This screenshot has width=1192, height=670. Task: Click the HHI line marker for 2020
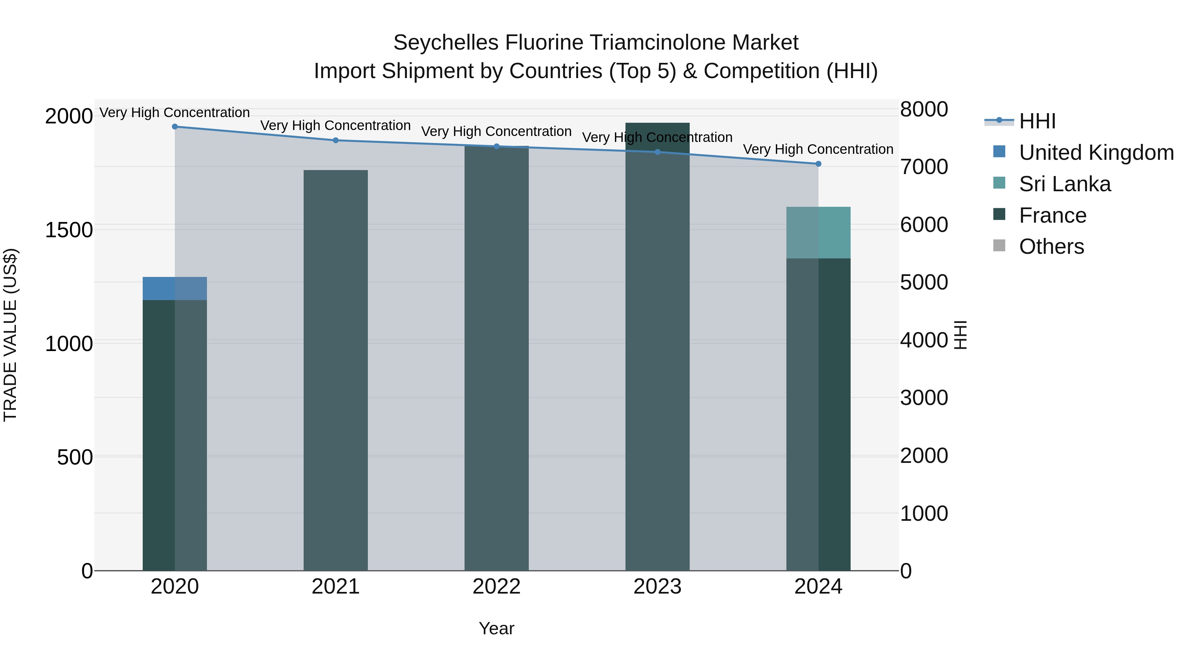175,127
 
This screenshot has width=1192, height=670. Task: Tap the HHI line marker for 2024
818,164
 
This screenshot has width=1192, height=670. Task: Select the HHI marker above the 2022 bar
497,147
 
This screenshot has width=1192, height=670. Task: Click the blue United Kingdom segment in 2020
174,289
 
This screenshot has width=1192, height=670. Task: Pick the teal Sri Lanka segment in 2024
818,233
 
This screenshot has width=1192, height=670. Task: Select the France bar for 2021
335,370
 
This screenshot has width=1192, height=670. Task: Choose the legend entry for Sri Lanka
1064,184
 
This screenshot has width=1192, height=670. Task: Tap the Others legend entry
1051,246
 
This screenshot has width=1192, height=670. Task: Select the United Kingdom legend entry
1096,153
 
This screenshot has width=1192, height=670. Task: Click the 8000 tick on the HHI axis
923,110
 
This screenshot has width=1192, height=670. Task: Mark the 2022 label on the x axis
497,587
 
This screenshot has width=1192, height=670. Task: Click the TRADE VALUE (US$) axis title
10,335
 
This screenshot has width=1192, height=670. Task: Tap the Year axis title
497,628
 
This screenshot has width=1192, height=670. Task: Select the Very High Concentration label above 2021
335,125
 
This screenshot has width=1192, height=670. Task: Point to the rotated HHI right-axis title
960,335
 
